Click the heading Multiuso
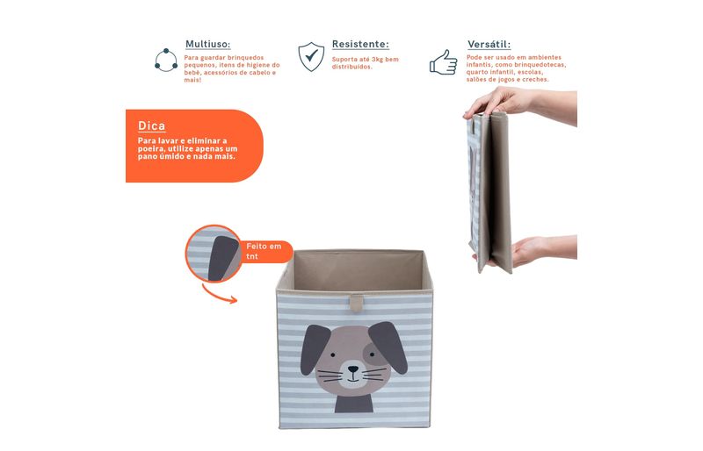[207, 45]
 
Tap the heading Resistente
[360, 45]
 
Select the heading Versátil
[489, 45]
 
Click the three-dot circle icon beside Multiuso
[166, 60]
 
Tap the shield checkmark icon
[311, 56]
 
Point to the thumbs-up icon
[444, 62]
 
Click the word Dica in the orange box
[151, 125]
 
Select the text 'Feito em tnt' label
[264, 251]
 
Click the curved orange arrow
[219, 296]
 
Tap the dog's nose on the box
[353, 369]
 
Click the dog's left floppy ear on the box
[315, 349]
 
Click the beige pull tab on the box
[357, 303]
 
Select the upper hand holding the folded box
[520, 104]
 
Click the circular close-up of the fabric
[214, 254]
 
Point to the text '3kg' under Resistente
[378, 59]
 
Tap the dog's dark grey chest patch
[354, 404]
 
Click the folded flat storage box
[489, 192]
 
